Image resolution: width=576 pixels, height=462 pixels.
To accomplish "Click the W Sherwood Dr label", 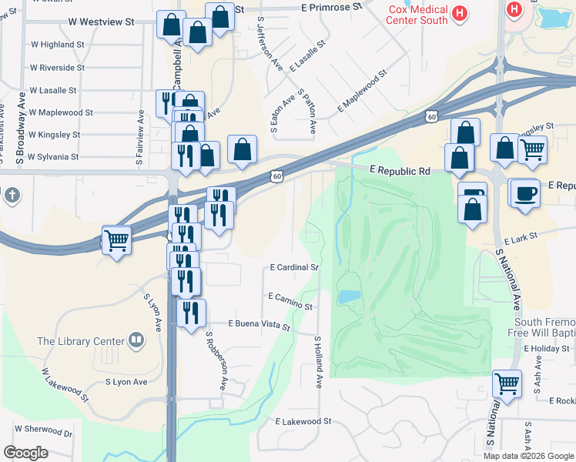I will pos(43,430).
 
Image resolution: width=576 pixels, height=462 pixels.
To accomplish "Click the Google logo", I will pos(25,453).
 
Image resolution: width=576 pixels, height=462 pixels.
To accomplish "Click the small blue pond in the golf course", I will pos(348,296).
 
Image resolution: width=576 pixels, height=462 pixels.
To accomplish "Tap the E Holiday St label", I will pos(546,349).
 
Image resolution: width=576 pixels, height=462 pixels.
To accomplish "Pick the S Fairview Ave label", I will pos(140,139).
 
